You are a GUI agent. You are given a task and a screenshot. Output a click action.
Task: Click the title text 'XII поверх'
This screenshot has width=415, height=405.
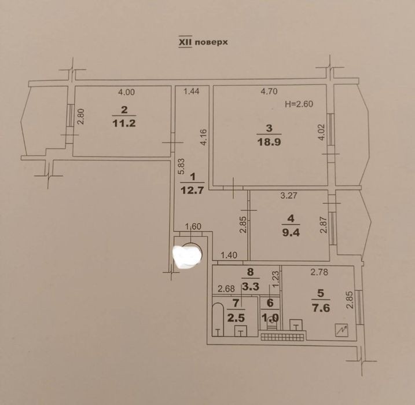coord(203,42)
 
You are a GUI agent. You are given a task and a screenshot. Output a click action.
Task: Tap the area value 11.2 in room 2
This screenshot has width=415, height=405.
coord(124,123)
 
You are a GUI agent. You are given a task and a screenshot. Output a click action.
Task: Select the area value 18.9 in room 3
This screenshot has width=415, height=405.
coord(269,142)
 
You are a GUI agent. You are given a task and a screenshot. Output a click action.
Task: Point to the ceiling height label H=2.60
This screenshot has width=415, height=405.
coord(299,104)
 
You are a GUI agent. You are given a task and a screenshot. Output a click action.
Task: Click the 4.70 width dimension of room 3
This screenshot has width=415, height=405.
coord(269,92)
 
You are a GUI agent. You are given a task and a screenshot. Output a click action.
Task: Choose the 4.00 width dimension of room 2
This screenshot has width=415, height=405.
coord(126,92)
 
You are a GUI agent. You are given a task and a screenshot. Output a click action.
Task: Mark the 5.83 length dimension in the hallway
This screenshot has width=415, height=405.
coord(181,166)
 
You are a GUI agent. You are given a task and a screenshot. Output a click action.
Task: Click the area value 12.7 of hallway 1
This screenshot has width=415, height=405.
coord(192,190)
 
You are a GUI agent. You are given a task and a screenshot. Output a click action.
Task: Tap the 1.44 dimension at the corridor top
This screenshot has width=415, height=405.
coord(192,92)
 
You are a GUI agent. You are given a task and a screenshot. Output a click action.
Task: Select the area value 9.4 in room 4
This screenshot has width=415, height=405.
coord(291,232)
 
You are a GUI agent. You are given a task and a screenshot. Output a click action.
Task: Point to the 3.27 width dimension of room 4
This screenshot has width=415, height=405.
coord(289,196)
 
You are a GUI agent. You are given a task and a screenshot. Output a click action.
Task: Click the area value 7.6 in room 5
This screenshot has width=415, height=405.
coord(321,308)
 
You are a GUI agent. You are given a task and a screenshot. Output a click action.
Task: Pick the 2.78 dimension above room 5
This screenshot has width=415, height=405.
coord(319,272)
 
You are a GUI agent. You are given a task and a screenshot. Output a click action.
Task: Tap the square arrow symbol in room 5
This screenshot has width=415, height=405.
coord(341,330)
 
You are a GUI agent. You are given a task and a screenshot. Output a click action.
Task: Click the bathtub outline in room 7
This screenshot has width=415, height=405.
coord(218,320)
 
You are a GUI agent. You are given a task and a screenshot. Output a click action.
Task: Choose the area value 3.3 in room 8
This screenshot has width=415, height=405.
coord(251,286)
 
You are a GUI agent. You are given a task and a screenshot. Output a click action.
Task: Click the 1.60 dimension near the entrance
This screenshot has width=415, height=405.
coord(193,227)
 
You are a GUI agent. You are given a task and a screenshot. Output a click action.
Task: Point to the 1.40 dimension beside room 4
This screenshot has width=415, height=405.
coord(229,256)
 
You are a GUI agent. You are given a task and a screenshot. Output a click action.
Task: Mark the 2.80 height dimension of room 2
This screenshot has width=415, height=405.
coord(80,116)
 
